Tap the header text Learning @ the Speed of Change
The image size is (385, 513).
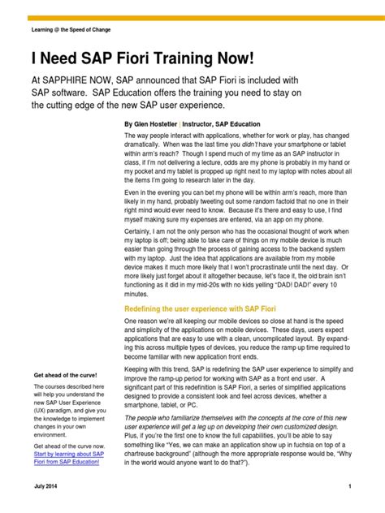71,29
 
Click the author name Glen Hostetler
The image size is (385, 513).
163,124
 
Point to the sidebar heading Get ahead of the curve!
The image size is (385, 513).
65,376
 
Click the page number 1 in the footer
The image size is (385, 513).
348,486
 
